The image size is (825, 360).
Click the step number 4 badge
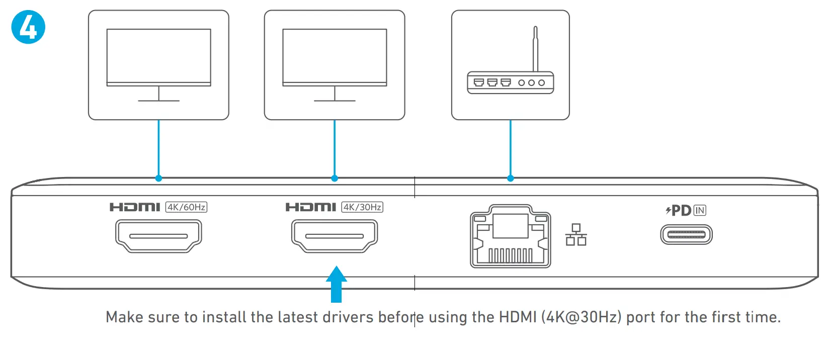[28, 27]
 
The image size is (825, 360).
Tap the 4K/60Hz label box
[186, 207]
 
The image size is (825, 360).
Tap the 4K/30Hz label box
[362, 207]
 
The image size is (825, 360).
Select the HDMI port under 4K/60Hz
[158, 235]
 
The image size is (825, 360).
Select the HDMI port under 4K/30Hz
[335, 235]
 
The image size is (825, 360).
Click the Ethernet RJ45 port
[511, 236]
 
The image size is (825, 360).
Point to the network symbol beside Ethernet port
[576, 235]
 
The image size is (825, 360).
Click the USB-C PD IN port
[686, 234]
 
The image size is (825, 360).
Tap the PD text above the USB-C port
[681, 210]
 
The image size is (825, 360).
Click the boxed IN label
[700, 210]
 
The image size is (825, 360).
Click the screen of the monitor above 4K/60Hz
[158, 55]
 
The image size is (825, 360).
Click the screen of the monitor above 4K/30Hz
[335, 55]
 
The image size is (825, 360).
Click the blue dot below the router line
[511, 178]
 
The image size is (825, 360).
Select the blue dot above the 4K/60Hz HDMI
[158, 178]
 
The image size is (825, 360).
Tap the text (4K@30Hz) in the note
[581, 317]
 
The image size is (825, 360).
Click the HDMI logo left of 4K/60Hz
[135, 207]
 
